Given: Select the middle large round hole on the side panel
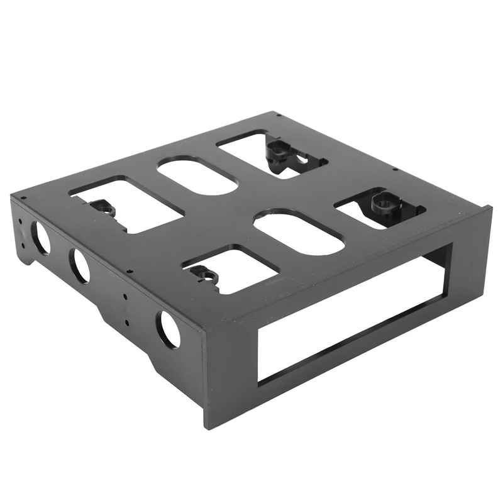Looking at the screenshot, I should [x=80, y=265].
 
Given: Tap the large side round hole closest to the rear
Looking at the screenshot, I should [x=41, y=238].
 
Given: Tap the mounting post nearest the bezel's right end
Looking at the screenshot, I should [x=382, y=202].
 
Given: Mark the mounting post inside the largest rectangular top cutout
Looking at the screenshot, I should [x=101, y=207].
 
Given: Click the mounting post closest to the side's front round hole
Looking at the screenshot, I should [x=201, y=273].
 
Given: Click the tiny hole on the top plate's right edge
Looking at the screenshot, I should [x=392, y=169].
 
